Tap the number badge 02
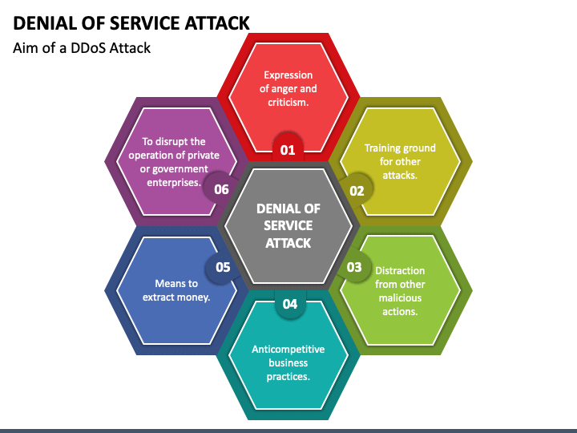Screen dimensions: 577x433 click(x=356, y=190)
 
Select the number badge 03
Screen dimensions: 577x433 click(x=354, y=267)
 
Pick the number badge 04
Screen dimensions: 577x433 click(x=290, y=303)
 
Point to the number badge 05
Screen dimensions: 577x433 click(x=223, y=267)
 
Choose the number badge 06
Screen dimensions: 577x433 click(x=221, y=189)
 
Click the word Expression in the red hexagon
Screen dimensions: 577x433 click(x=288, y=75)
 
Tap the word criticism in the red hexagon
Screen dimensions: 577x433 click(x=287, y=103)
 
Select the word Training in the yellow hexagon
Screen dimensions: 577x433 click(x=381, y=148)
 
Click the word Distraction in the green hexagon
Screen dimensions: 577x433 click(x=400, y=271)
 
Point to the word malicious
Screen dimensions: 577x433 click(x=400, y=297)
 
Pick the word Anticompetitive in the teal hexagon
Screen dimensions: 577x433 click(x=288, y=350)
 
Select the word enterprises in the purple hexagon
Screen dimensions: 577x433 click(x=173, y=183)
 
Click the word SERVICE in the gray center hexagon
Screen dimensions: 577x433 click(x=288, y=225)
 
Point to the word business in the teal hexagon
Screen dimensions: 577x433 click(x=288, y=363)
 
